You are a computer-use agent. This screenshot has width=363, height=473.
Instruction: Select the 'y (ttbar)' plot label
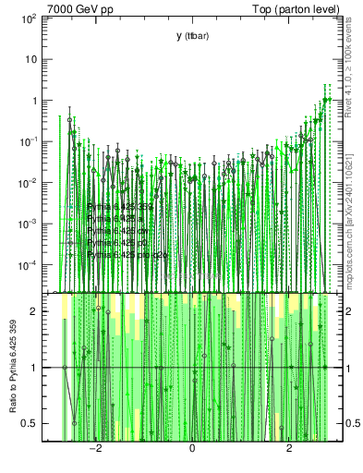point(192,36)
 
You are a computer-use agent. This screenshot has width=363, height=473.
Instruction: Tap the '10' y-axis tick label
point(30,59)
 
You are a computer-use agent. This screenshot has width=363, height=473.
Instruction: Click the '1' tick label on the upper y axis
point(33,101)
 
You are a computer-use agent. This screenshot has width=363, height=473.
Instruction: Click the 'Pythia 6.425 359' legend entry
point(120,207)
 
